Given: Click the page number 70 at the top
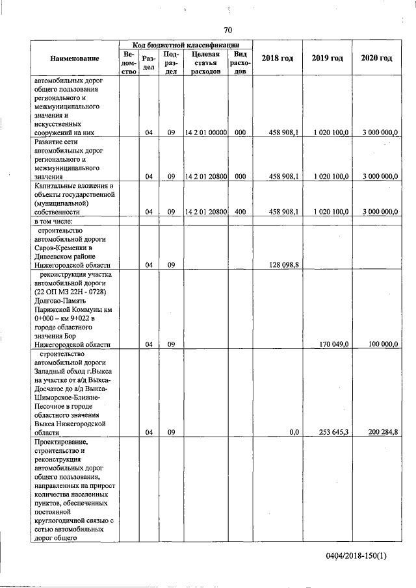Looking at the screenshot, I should click(x=227, y=30).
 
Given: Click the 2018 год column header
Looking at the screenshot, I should click(x=277, y=58).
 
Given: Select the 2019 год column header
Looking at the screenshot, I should click(x=327, y=58).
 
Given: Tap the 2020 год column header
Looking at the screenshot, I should click(x=376, y=58).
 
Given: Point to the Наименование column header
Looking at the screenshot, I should click(x=75, y=58).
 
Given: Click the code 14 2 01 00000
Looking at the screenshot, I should click(x=205, y=133).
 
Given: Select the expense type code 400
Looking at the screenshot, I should click(x=240, y=212).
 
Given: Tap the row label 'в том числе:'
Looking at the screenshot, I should click(x=54, y=222).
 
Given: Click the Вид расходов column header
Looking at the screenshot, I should click(x=240, y=62).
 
